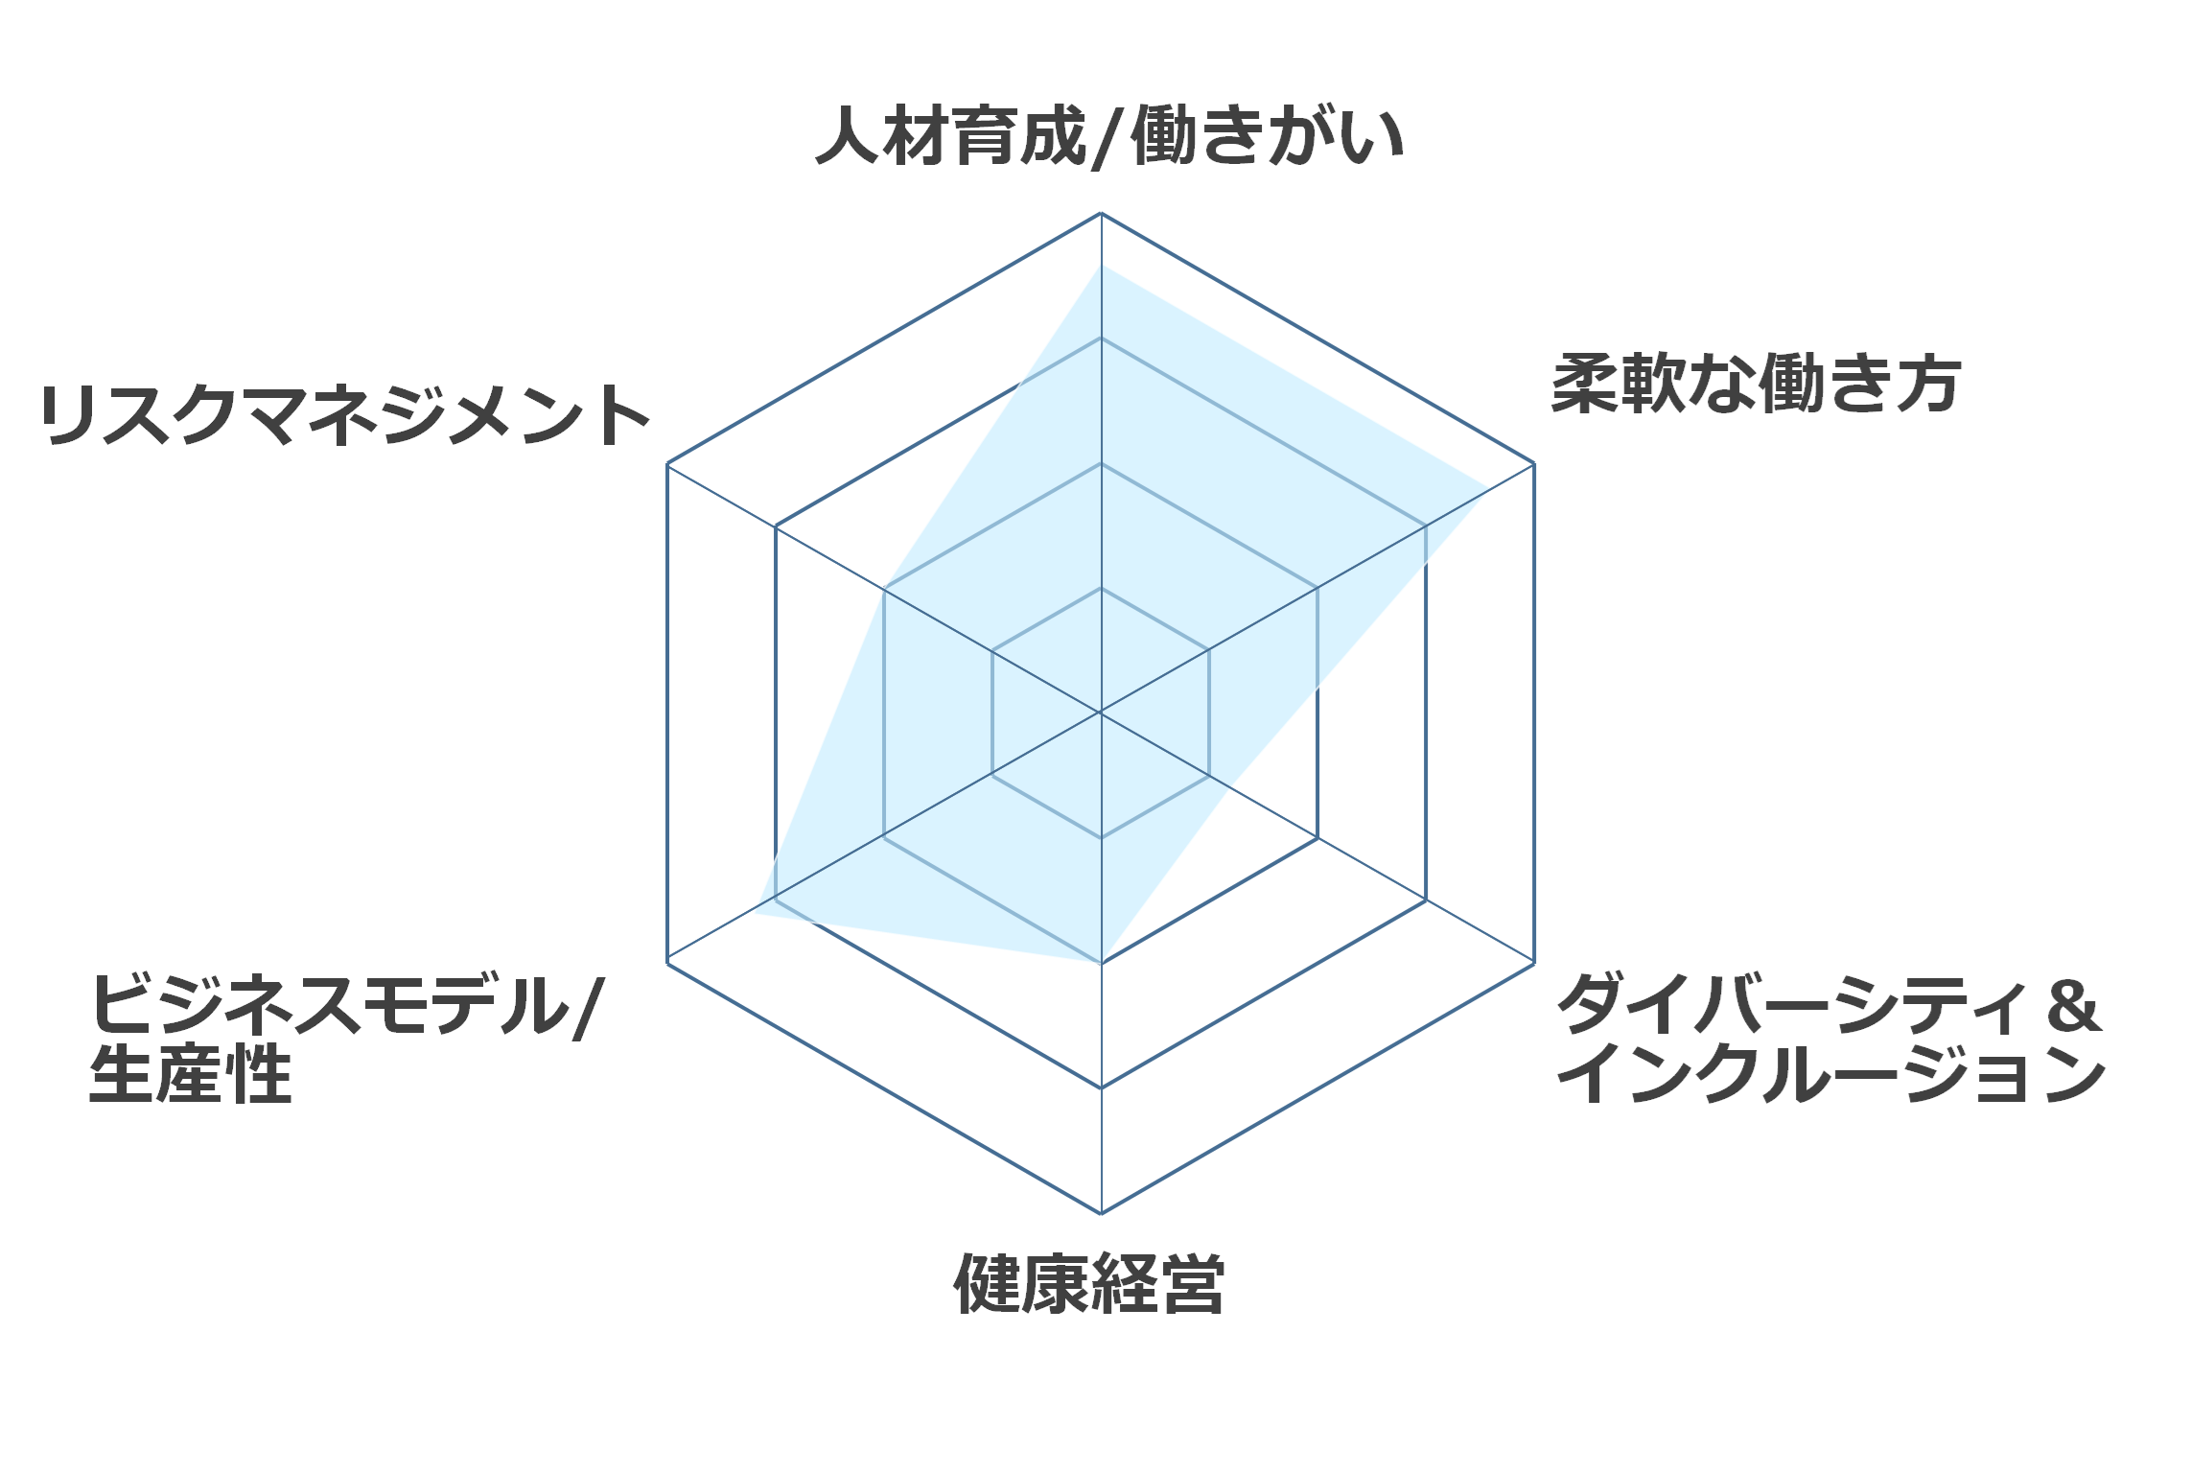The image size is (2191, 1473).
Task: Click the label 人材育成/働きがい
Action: (x=1109, y=137)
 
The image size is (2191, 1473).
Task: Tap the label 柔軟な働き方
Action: (x=1756, y=384)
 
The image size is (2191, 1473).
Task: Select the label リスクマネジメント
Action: (x=345, y=415)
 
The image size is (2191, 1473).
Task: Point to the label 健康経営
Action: (x=1089, y=1283)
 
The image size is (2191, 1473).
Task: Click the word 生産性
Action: (x=190, y=1074)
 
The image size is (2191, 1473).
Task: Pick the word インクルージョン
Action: (x=1830, y=1074)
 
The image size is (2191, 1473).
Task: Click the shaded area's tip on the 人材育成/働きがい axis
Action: (x=1101, y=266)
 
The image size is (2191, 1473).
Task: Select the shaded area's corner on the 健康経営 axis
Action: (x=1101, y=963)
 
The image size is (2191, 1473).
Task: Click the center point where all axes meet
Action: (x=1101, y=713)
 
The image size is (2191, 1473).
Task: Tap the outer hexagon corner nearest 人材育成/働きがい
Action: (x=1101, y=213)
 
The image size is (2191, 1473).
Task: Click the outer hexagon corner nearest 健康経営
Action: (x=1101, y=1213)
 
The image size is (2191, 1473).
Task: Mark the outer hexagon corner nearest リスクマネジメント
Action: (x=667, y=464)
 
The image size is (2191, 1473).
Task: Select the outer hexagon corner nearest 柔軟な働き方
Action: (x=1534, y=464)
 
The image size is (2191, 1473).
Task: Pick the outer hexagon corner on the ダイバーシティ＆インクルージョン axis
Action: (x=1534, y=963)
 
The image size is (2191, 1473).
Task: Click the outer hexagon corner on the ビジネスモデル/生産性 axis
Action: (x=667, y=963)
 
